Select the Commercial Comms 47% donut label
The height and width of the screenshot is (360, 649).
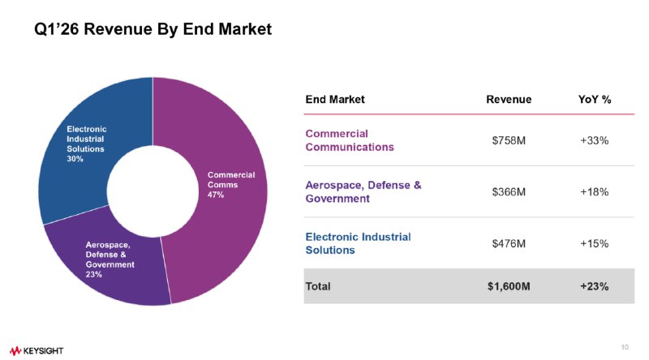tap(231, 185)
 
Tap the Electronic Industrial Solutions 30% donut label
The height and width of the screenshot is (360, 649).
tap(87, 144)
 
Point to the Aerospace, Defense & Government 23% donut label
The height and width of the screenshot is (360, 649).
tap(110, 259)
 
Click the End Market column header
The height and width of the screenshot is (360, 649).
tap(335, 100)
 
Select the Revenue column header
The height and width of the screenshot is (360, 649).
tap(509, 100)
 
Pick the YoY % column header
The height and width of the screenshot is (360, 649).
tap(595, 100)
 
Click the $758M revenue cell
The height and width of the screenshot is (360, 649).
tap(509, 140)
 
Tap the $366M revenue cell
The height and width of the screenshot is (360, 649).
tap(509, 192)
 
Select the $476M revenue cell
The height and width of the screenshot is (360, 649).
tap(509, 243)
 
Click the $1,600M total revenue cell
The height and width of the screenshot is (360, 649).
tap(509, 286)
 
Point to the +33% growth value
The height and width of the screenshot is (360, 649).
tap(595, 140)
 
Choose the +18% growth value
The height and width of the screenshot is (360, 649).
tap(595, 192)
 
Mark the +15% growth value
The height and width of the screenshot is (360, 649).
tap(595, 243)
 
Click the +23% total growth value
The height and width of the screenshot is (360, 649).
tap(595, 286)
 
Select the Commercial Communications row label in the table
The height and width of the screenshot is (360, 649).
tap(350, 140)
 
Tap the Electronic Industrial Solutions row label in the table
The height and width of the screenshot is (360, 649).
tap(358, 243)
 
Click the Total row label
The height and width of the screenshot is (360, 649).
tap(318, 286)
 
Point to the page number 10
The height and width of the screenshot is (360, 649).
tap(625, 348)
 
